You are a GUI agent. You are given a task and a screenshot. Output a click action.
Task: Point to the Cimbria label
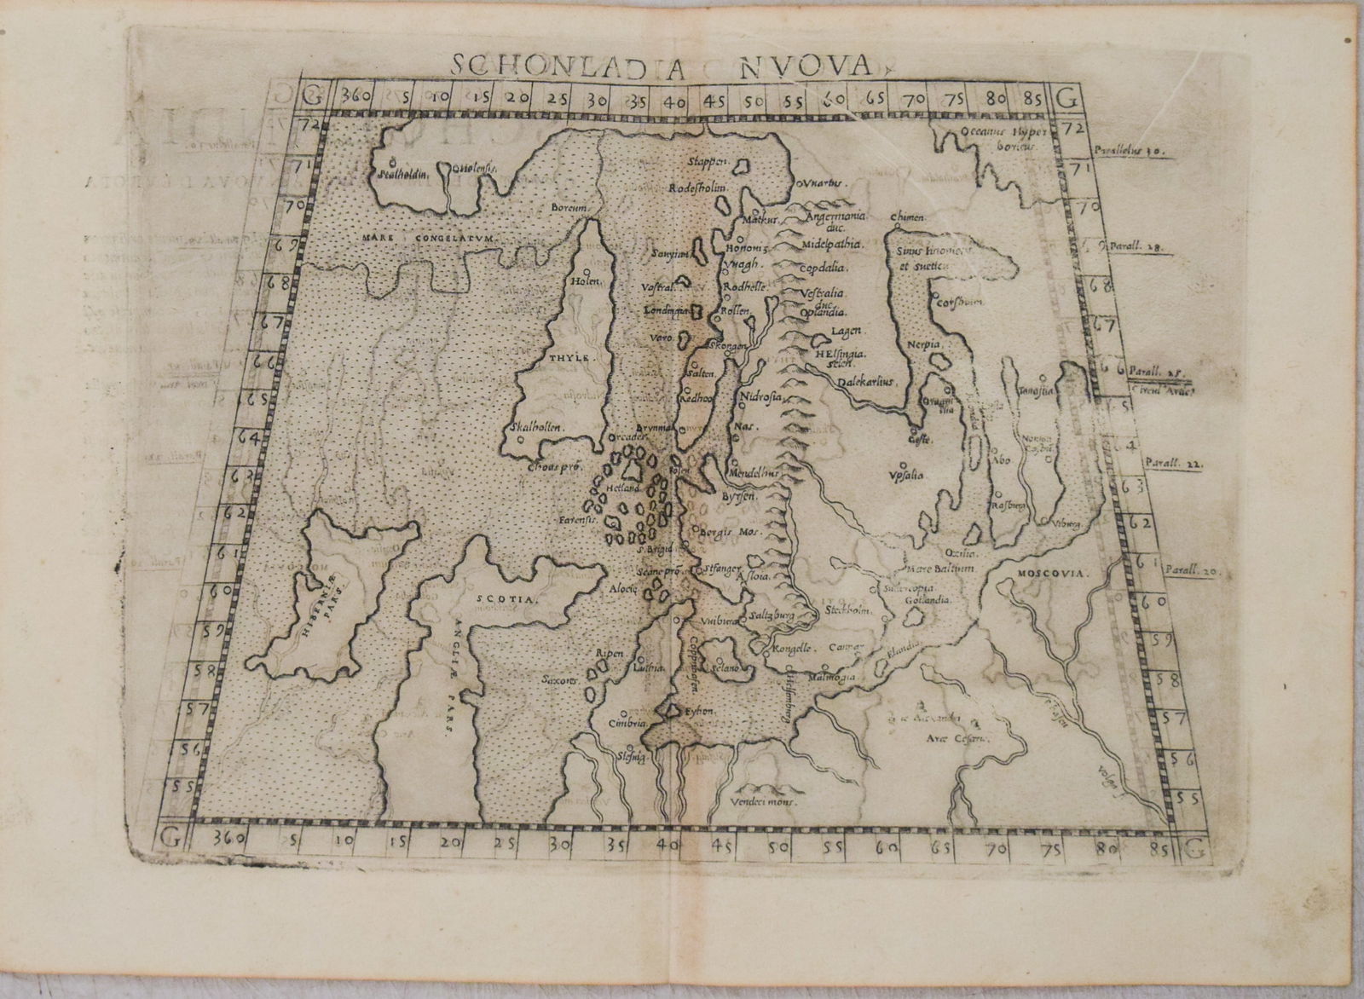pyautogui.click(x=624, y=724)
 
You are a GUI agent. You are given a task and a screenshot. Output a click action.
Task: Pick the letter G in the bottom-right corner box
pyautogui.click(x=1193, y=848)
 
